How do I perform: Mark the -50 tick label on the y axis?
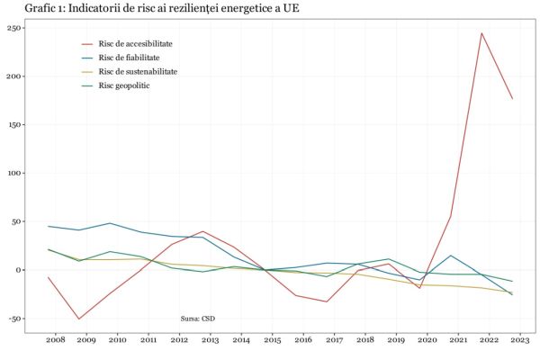pyautogui.click(x=12, y=319)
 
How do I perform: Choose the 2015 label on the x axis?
pyautogui.click(x=272, y=341)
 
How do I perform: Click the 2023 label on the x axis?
pyautogui.click(x=519, y=341)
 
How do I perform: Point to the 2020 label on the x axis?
pyautogui.click(x=427, y=341)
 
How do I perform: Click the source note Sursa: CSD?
pyautogui.click(x=198, y=318)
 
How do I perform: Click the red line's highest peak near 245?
pyautogui.click(x=481, y=33)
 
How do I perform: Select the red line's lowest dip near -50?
pyautogui.click(x=79, y=319)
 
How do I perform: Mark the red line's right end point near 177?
pyautogui.click(x=512, y=99)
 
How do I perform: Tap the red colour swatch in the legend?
pyautogui.click(x=87, y=43)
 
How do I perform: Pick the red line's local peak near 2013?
pyautogui.click(x=202, y=231)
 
